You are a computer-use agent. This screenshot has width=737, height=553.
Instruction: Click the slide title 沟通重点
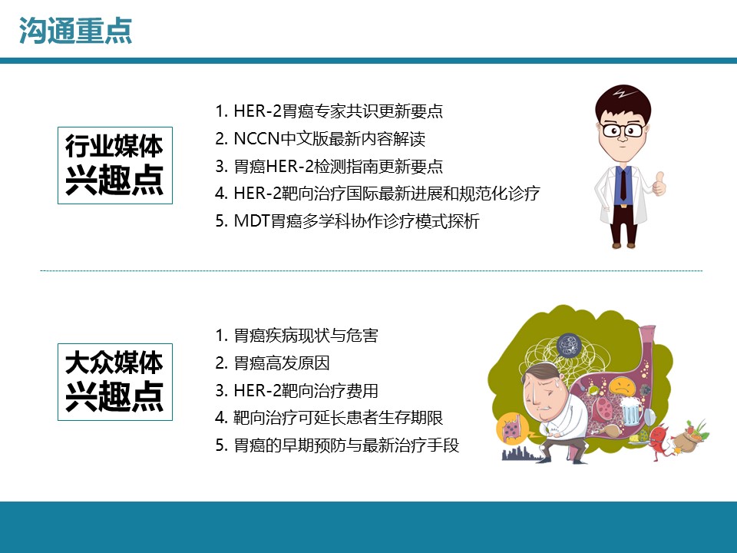point(76,31)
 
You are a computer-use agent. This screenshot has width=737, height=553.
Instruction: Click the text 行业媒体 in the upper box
point(114,146)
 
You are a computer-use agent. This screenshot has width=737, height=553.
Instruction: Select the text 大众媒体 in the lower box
point(114,363)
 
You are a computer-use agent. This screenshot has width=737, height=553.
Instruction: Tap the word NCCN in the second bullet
point(256,139)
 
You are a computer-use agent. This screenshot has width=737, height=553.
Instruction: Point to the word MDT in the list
point(252,221)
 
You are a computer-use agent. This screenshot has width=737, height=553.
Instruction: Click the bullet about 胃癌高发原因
point(273,363)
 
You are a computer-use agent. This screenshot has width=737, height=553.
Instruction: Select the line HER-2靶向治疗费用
point(296,390)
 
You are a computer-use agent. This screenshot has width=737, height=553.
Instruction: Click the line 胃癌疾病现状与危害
point(296,336)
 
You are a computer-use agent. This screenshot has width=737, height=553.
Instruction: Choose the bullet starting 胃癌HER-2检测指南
point(329,166)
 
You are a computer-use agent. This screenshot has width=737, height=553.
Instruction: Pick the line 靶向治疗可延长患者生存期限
point(329,418)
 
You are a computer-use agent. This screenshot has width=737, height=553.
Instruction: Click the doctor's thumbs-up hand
point(659,184)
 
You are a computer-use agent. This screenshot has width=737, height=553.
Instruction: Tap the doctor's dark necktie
point(623,184)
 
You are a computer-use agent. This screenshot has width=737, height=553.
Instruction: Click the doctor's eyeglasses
point(623,129)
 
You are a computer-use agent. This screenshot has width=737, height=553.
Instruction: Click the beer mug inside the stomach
point(630,410)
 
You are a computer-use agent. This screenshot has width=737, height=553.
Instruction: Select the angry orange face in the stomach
point(622,386)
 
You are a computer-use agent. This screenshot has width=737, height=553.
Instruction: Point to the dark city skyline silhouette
point(523,454)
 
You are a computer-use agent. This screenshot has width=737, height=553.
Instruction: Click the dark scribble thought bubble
point(569,346)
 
